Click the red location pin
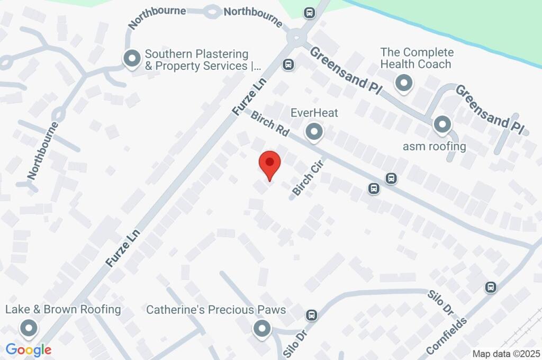pyautogui.click(x=269, y=165)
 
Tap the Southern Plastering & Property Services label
pyautogui.click(x=196, y=60)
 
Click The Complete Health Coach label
pyautogui.click(x=417, y=58)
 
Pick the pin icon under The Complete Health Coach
pyautogui.click(x=404, y=83)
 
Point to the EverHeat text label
pyautogui.click(x=314, y=113)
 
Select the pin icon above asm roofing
pyautogui.click(x=441, y=125)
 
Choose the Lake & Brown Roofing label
pyautogui.click(x=63, y=309)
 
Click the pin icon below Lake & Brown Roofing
pyautogui.click(x=28, y=329)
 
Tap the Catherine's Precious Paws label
pyautogui.click(x=216, y=309)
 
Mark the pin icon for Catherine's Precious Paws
pyautogui.click(x=261, y=329)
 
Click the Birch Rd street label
pyautogui.click(x=270, y=124)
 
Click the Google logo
pyautogui.click(x=29, y=350)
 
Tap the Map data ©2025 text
pyautogui.click(x=505, y=354)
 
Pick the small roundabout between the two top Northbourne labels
pyautogui.click(x=212, y=12)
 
